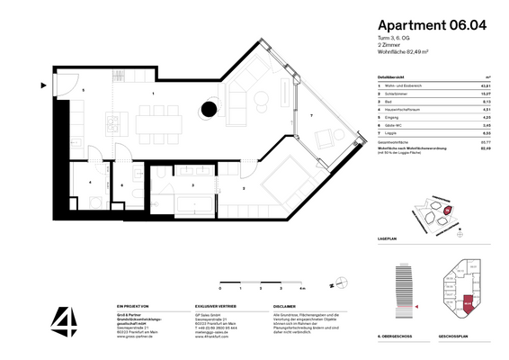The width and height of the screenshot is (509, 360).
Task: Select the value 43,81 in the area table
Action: (x=487, y=84)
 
